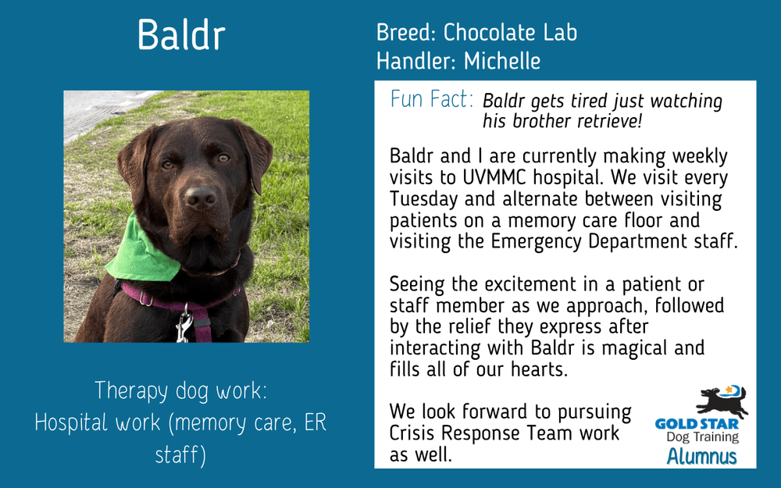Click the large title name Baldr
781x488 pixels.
181,35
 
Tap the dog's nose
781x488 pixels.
200,198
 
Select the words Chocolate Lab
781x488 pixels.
510,33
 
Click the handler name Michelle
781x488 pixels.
502,60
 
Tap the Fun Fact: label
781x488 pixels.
431,100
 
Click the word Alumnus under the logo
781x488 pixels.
701,457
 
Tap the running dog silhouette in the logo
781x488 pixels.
722,401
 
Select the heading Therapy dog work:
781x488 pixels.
180,390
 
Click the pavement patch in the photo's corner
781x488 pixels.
90,109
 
